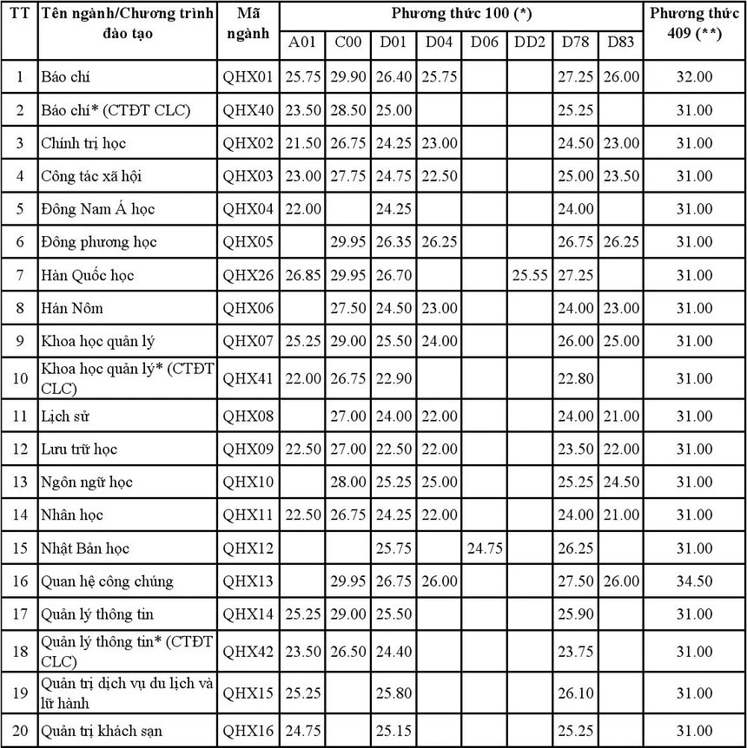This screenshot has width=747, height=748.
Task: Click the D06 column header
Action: (484, 43)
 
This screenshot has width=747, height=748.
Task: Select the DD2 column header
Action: (530, 43)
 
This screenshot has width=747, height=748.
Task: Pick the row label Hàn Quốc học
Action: (87, 275)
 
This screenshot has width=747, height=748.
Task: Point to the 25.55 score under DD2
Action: (530, 275)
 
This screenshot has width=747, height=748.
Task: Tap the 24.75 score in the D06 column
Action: (484, 548)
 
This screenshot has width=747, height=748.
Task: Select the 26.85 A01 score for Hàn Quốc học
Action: (302, 275)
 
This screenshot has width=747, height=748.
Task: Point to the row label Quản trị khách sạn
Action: (101, 732)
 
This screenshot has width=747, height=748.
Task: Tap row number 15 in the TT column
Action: (20, 548)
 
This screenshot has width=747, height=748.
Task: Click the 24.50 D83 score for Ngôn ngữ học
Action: (621, 482)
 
